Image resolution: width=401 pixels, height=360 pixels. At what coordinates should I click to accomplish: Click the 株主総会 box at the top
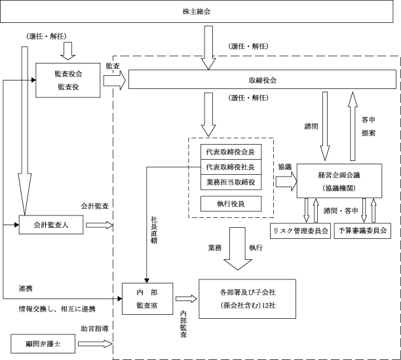click(200, 12)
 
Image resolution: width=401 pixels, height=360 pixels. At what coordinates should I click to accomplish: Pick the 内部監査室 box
click(147, 298)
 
